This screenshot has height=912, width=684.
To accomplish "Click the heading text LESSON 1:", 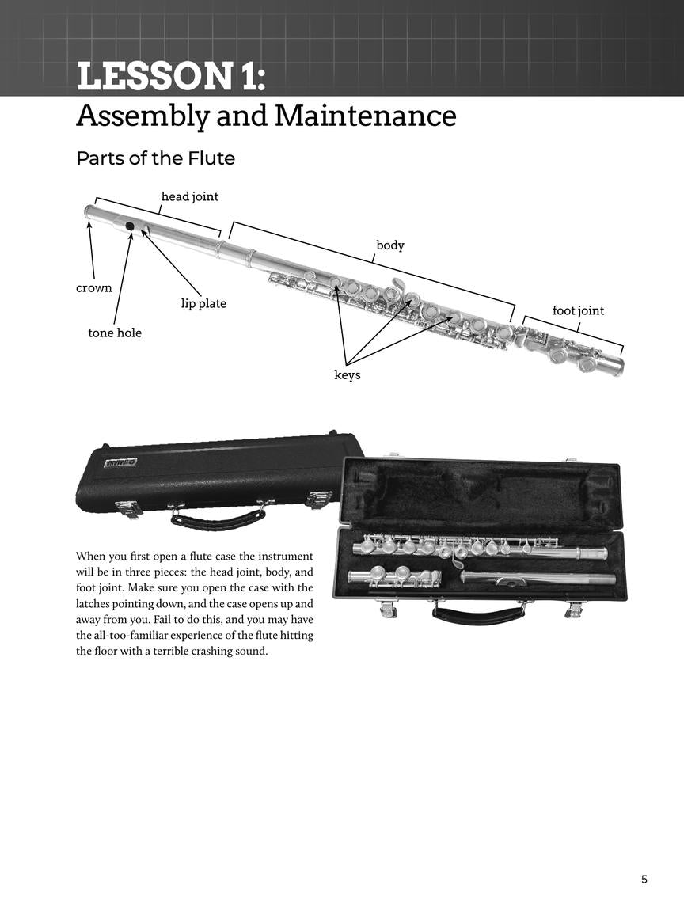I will [170, 78].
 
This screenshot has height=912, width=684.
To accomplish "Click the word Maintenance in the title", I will [365, 116].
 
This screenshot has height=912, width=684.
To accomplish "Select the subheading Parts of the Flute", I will [155, 158].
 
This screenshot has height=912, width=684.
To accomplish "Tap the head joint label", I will [189, 196].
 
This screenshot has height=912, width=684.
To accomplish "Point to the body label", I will [389, 245].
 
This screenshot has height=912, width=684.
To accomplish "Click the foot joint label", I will [578, 310].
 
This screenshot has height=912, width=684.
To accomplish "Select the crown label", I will [93, 288].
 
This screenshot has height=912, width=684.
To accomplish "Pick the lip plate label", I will [203, 304].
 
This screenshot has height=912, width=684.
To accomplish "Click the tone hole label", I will [115, 333].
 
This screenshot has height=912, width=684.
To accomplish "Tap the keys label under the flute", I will [347, 375].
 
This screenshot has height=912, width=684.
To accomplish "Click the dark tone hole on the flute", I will [130, 226].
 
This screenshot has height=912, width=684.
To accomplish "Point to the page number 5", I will [644, 879].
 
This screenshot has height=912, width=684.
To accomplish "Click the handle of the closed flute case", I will [218, 519].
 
